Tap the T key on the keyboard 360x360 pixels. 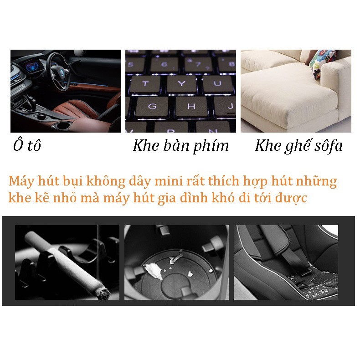145,84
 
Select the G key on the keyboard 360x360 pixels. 152,106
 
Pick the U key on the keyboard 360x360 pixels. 217,84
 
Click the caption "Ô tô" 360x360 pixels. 27,146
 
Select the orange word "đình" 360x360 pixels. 214,198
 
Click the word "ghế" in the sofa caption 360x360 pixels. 294,146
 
